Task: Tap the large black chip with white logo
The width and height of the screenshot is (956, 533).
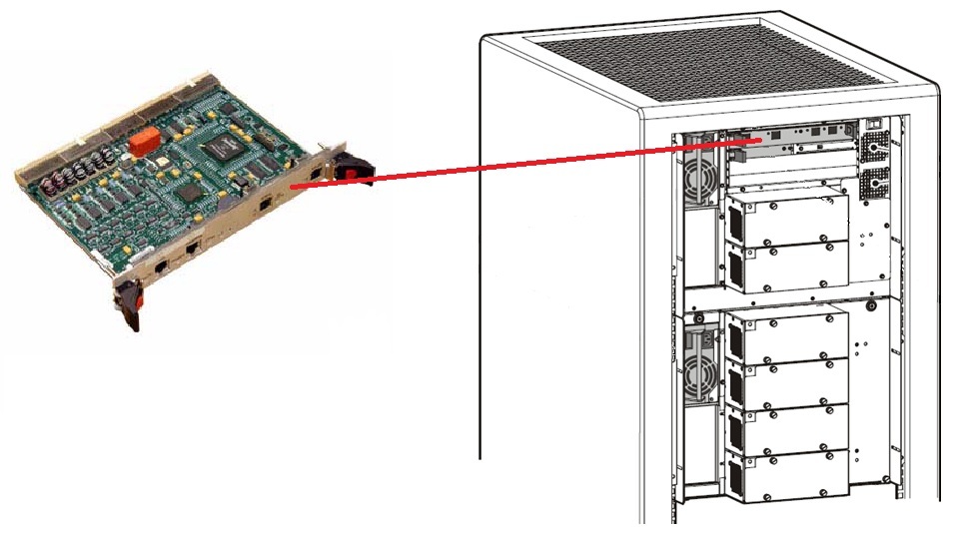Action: pos(221,151)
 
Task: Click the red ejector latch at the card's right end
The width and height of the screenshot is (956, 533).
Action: pos(350,171)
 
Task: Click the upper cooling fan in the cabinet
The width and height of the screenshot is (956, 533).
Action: pos(699,184)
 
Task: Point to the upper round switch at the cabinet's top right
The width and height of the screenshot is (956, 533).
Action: pos(878,151)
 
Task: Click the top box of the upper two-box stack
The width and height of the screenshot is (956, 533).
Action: pos(790,219)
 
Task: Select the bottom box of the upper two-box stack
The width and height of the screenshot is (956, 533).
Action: pos(790,265)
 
